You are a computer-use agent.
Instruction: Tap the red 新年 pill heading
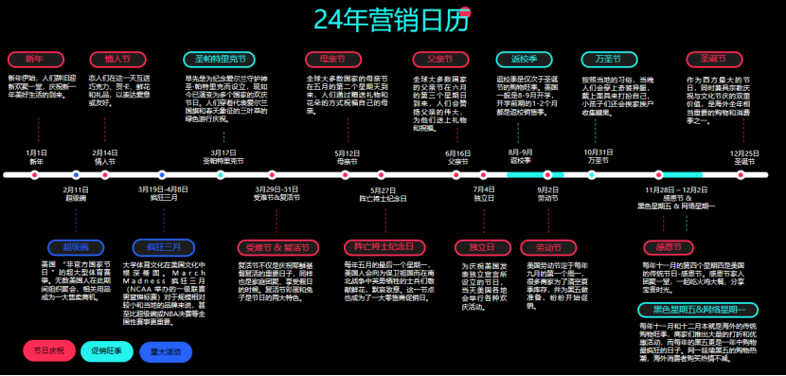pos(34,59)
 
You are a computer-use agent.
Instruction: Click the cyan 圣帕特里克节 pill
pos(218,59)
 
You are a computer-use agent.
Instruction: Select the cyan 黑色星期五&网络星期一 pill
pos(698,310)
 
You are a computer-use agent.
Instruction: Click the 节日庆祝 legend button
pos(47,351)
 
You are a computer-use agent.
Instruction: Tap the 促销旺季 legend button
pos(107,351)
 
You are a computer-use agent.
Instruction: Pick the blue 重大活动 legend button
pos(166,351)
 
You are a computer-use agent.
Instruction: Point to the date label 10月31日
pos(598,152)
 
